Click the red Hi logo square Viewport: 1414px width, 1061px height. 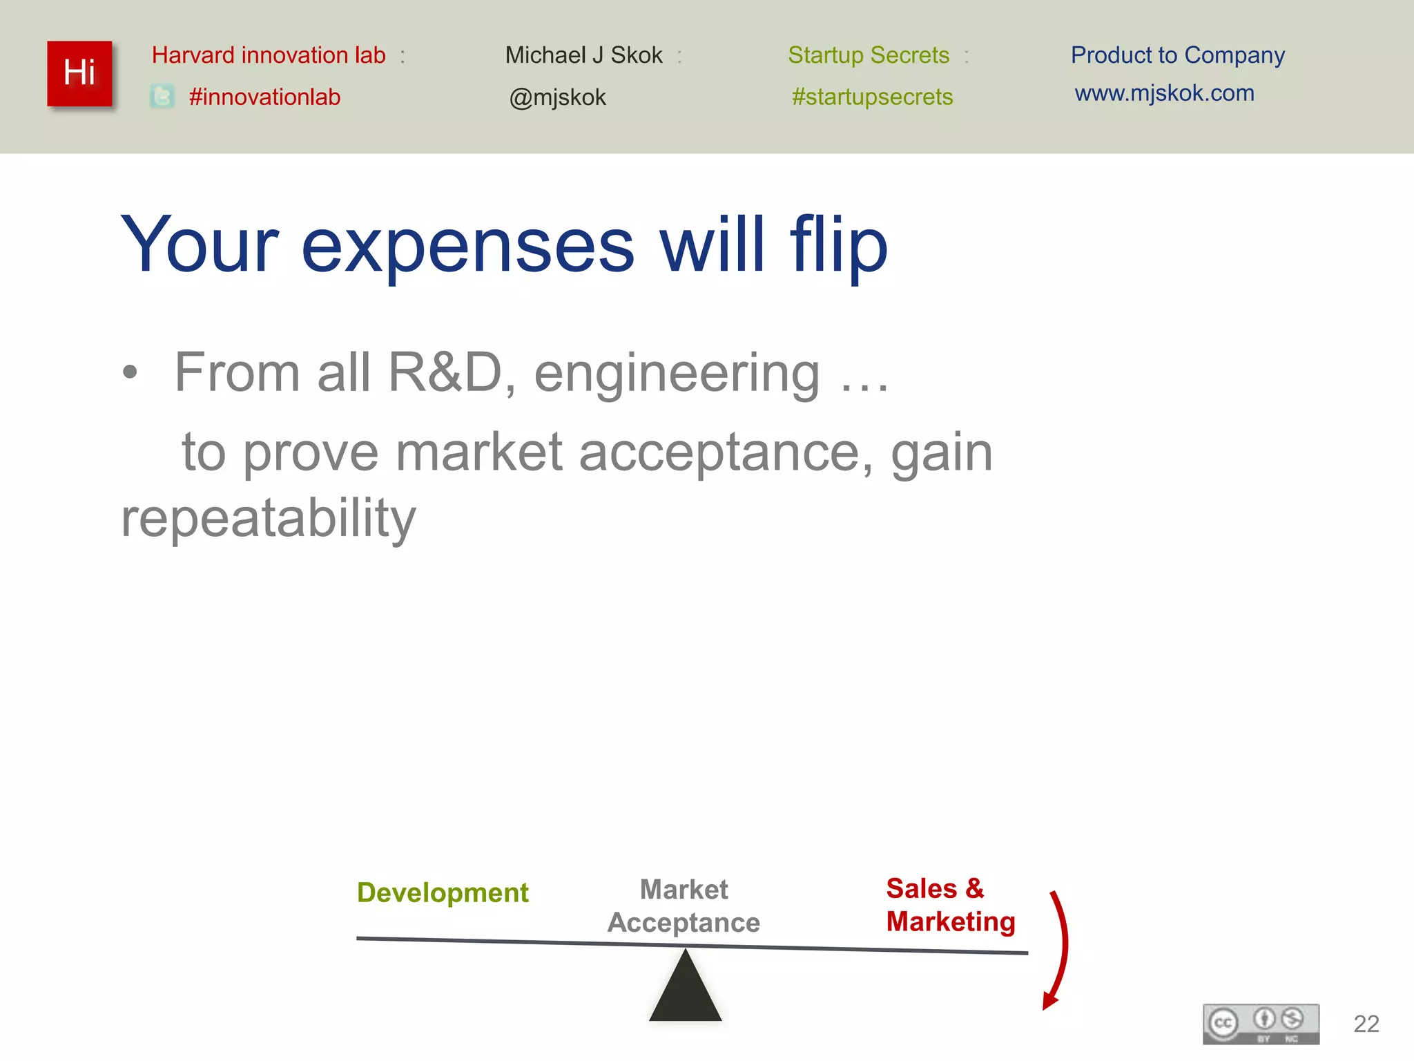(79, 73)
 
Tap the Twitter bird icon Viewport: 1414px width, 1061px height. (162, 97)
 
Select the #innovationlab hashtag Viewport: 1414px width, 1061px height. (264, 97)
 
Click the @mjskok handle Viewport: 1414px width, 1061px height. (557, 97)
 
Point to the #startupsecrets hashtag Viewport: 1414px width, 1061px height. (872, 97)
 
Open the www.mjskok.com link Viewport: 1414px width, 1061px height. (1164, 93)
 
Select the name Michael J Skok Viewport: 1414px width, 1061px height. (583, 55)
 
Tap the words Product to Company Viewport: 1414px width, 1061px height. (1177, 55)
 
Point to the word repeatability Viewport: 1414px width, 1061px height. (268, 518)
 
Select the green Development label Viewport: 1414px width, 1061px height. (443, 892)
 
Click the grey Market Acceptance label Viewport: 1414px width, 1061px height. (684, 906)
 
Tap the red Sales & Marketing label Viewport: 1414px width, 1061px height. (949, 905)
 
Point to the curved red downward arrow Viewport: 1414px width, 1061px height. (1060, 950)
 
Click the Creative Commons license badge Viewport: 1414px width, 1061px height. (1261, 1023)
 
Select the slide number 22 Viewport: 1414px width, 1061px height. (1366, 1024)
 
